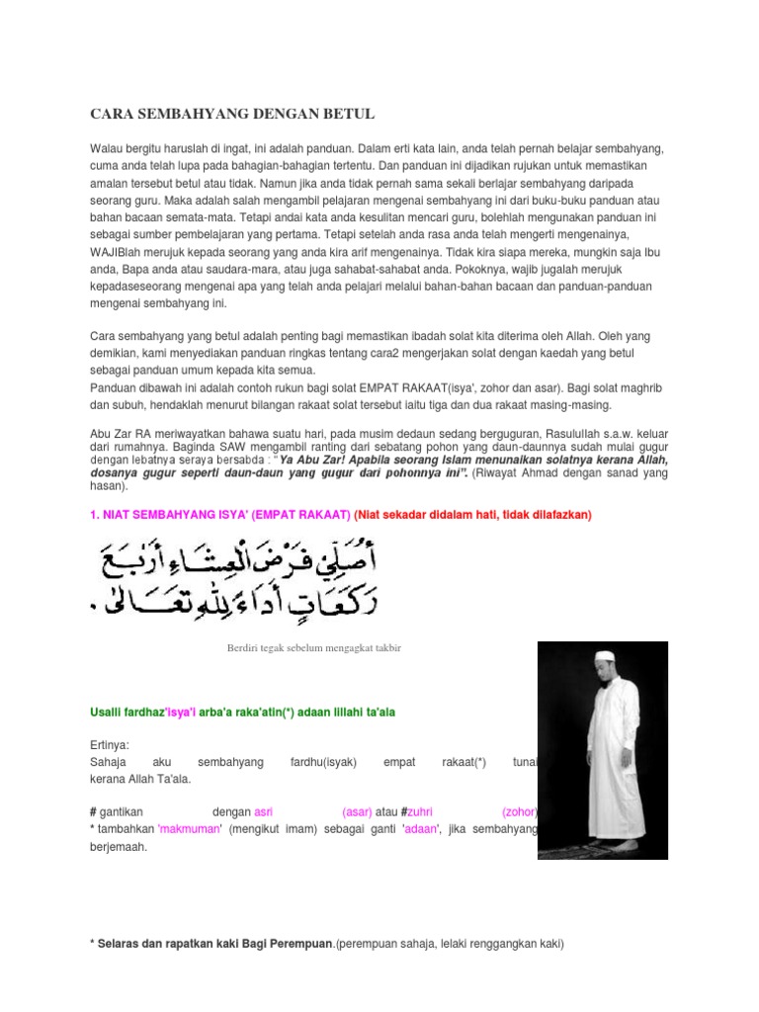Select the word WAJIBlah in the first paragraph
[x=119, y=253]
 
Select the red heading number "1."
[x=96, y=515]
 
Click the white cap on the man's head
[x=605, y=655]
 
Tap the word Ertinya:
[x=109, y=743]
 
